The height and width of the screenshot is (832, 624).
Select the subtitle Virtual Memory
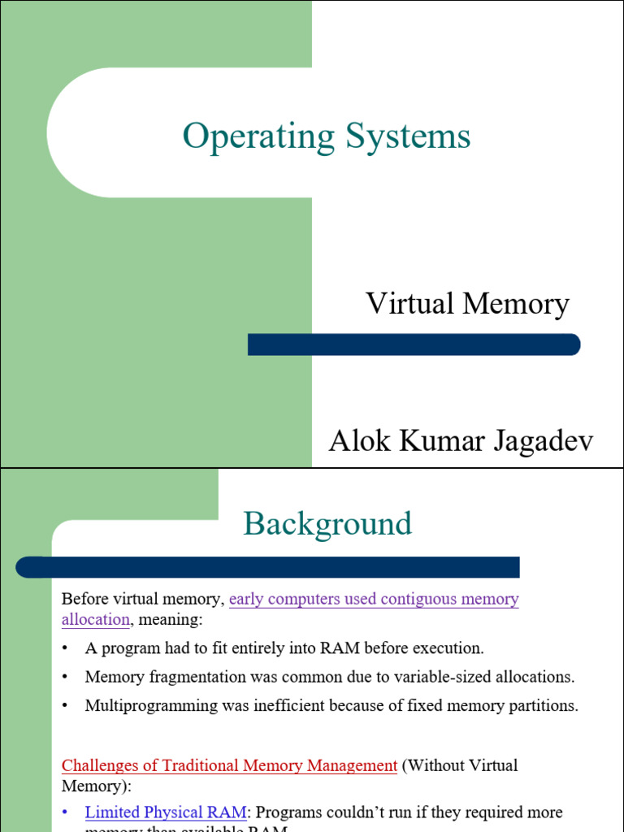[467, 304]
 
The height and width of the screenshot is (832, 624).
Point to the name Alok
[356, 443]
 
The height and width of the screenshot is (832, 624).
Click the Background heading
[327, 523]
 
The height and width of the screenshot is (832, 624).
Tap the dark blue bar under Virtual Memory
[414, 344]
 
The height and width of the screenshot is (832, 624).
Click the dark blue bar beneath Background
[268, 567]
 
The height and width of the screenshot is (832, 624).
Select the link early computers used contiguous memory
[374, 599]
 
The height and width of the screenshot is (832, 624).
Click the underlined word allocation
[95, 619]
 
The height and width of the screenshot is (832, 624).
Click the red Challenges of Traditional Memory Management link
[229, 765]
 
